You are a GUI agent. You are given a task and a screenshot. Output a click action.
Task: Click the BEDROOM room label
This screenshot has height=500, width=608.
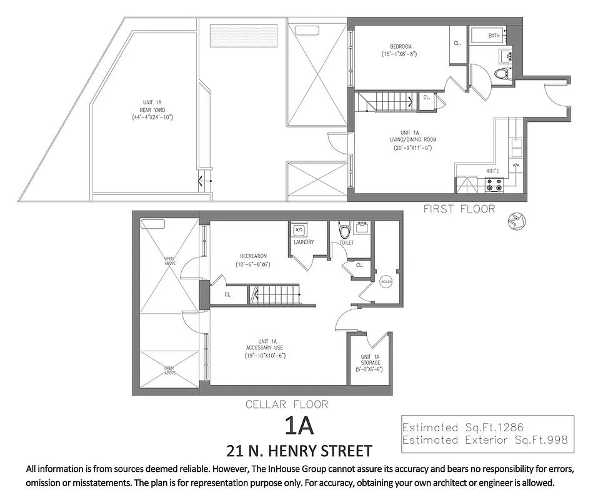click(x=401, y=47)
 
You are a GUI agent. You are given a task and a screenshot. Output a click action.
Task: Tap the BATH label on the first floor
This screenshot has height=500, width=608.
click(x=494, y=36)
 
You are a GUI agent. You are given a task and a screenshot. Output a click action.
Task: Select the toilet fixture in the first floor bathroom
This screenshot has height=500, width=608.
click(x=501, y=74)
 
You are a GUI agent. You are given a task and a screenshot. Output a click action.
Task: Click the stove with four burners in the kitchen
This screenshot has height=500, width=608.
click(x=495, y=184)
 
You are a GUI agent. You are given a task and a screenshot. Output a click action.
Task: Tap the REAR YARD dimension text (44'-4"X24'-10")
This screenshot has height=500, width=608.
click(x=152, y=117)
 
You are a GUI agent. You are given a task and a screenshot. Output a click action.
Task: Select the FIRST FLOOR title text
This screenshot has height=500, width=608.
click(x=459, y=209)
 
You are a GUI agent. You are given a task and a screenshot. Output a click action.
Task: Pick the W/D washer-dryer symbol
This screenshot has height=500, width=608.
click(x=299, y=229)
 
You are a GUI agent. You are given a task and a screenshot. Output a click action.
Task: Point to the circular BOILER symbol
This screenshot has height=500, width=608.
click(x=386, y=282)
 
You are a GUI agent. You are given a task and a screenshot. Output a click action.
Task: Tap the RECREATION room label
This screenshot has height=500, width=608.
click(x=253, y=256)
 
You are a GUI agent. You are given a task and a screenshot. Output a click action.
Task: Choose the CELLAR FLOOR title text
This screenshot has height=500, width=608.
click(x=286, y=404)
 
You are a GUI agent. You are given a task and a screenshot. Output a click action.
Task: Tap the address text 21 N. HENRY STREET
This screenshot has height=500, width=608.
click(x=299, y=451)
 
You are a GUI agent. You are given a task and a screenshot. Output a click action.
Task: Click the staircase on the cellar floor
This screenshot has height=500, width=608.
click(x=275, y=294)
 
